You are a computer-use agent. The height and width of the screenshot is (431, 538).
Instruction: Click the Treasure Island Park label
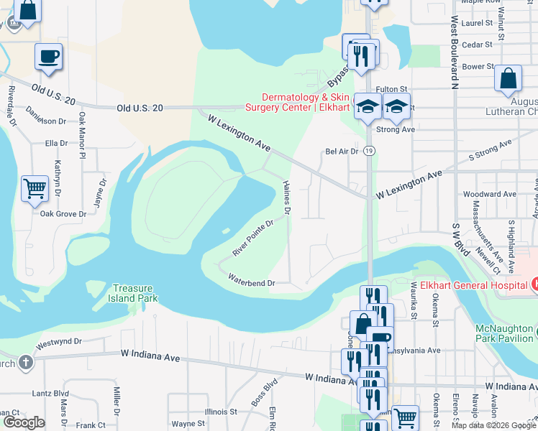(134, 293)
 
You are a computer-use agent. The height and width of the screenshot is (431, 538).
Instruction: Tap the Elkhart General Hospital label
(468, 283)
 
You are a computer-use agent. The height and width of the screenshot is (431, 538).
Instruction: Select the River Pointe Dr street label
(253, 238)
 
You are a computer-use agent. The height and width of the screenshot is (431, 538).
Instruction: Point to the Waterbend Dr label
(252, 282)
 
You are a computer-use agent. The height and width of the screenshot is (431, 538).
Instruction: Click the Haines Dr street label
(286, 198)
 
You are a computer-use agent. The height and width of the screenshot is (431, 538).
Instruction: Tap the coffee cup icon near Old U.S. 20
(49, 57)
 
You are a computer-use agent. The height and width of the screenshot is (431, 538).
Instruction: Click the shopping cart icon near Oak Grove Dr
(35, 189)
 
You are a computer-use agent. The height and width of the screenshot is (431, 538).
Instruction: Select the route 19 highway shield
(369, 151)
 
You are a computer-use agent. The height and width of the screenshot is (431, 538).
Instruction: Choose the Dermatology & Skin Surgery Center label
(305, 102)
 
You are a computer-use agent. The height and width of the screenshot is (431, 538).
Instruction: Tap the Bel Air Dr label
(342, 152)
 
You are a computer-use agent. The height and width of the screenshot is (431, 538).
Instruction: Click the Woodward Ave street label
(490, 194)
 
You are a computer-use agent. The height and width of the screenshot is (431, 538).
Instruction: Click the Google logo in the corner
(23, 422)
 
